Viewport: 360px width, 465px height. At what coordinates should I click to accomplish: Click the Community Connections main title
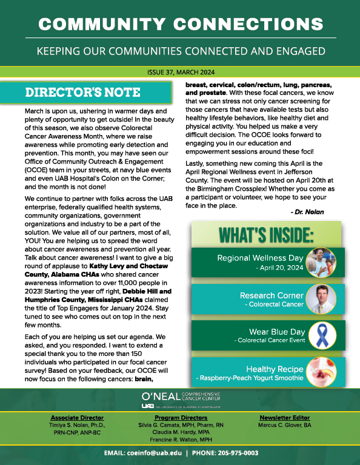point(180,24)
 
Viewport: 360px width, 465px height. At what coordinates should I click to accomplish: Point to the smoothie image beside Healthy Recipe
point(322,372)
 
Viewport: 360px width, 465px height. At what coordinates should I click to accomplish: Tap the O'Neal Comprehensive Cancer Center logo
point(180,400)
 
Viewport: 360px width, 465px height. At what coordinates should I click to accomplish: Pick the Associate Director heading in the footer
point(77,418)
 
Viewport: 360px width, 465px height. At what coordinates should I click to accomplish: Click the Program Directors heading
point(180,418)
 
